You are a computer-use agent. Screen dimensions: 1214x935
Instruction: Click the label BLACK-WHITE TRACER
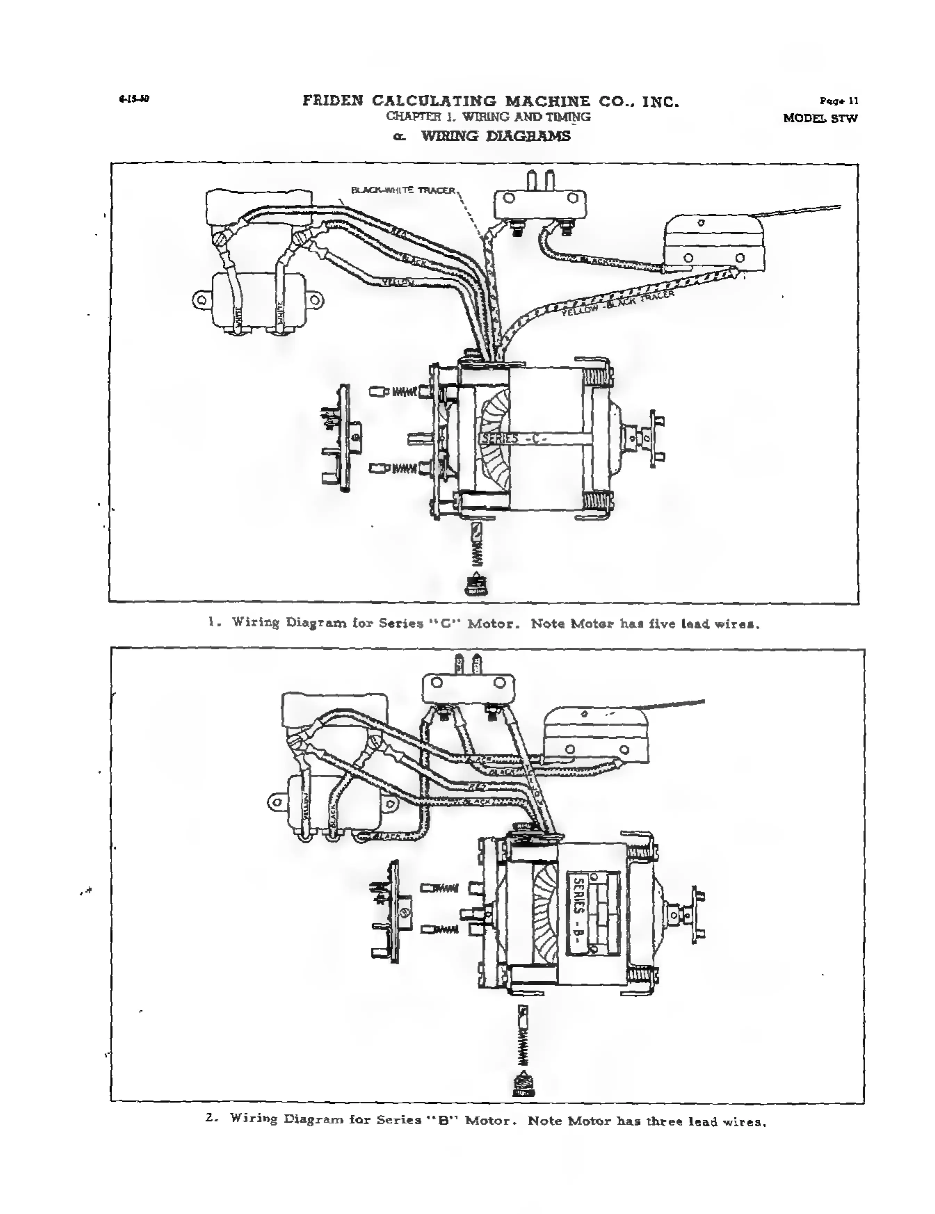coord(403,190)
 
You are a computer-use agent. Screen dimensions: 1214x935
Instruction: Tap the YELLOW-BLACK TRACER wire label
coord(618,304)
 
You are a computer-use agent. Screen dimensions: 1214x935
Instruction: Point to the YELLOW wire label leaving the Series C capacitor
coord(398,282)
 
